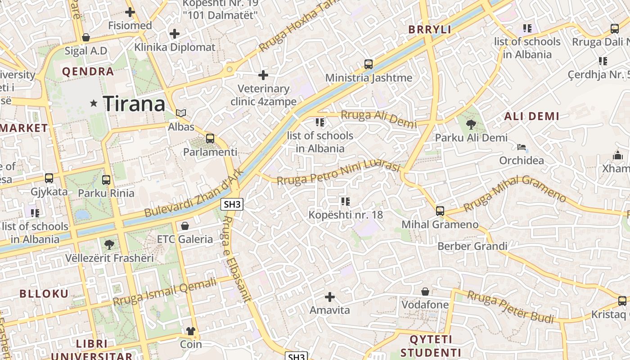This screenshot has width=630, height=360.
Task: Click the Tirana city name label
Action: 134,104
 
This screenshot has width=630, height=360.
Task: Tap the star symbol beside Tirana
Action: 94,103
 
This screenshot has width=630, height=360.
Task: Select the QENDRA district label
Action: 88,71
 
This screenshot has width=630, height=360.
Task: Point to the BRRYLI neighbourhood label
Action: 429,30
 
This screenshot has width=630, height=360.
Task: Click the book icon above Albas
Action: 181,113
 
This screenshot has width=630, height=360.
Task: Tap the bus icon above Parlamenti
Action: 210,139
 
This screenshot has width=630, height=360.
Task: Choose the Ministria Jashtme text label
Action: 369,78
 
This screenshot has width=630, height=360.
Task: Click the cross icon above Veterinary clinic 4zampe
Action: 263,75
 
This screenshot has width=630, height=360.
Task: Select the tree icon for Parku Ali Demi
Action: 471,124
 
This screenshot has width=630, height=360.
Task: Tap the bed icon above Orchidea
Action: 522,147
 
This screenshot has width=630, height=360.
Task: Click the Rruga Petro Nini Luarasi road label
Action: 338,173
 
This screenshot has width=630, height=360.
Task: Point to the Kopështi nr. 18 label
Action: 346,215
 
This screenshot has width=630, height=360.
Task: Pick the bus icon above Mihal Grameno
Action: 440,211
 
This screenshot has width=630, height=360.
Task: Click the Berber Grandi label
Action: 472,246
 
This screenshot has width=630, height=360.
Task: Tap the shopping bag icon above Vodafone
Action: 425,291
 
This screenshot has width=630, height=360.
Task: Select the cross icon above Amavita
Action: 330,297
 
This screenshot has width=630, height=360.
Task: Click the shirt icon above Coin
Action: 191,331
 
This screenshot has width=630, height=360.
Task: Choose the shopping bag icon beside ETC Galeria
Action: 184,225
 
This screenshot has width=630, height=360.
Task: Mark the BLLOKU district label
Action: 44,294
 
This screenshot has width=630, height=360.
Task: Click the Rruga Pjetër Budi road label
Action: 510,307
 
